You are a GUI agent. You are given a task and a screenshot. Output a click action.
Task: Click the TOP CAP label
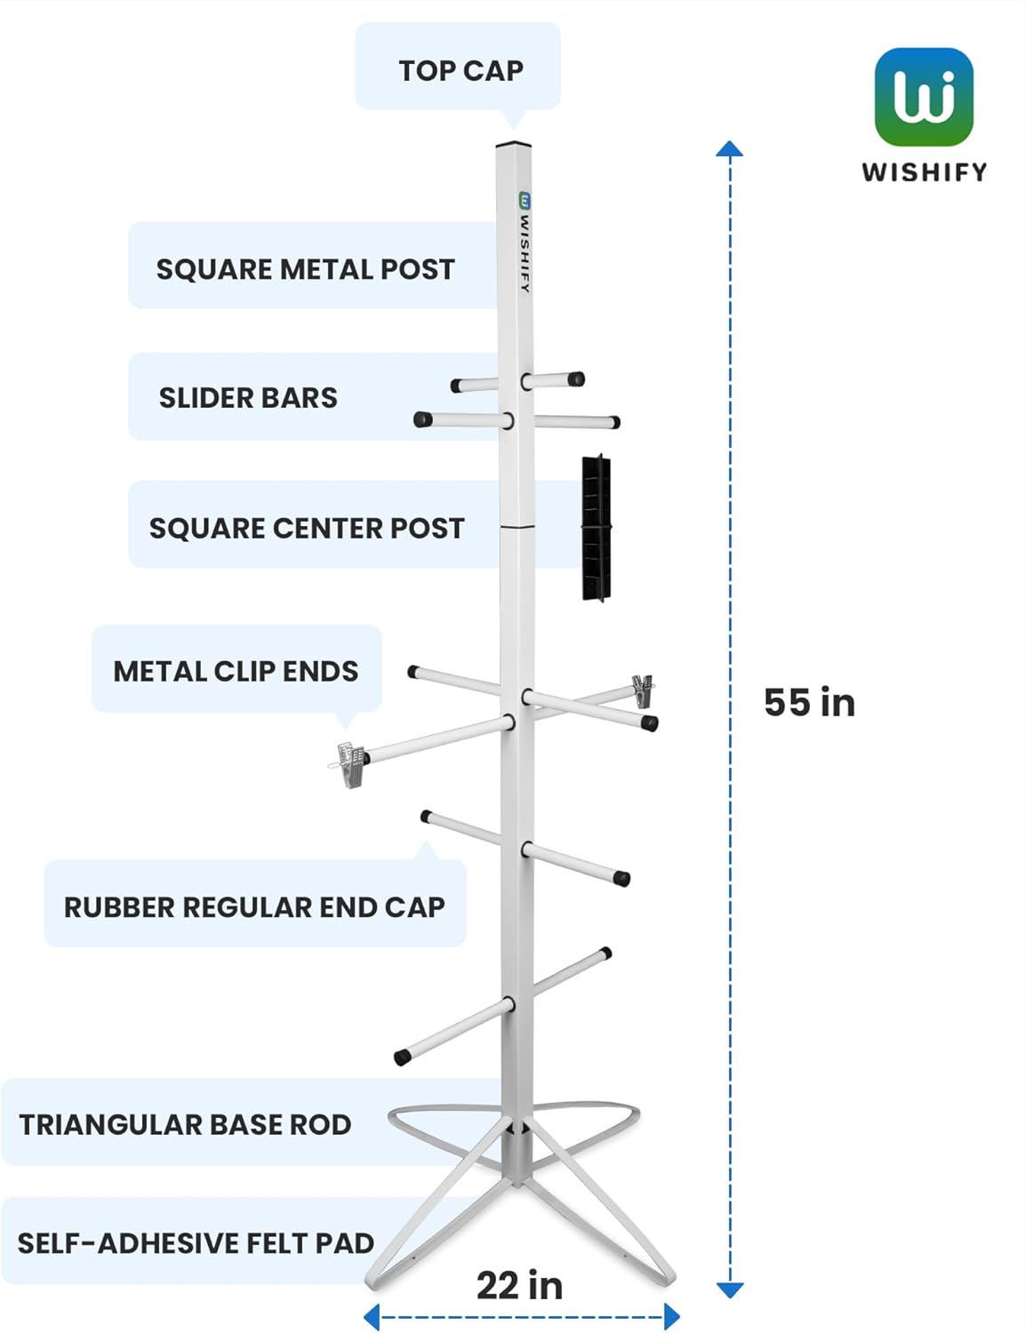[460, 70]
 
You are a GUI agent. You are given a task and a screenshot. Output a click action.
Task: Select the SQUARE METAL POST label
[305, 269]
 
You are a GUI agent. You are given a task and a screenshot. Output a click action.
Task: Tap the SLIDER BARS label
[248, 397]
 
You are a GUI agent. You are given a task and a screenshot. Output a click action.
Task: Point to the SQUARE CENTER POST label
[307, 528]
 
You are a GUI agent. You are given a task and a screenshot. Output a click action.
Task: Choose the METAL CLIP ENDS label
[236, 671]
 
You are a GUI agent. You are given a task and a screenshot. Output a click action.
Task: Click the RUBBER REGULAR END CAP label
[254, 906]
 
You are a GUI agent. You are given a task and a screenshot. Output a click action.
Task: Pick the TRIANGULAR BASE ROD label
[185, 1124]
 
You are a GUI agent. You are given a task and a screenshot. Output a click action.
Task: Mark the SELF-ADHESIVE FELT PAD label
[196, 1242]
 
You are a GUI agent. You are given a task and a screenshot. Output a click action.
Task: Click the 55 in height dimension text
[809, 703]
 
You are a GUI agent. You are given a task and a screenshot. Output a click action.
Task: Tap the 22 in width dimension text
[520, 1285]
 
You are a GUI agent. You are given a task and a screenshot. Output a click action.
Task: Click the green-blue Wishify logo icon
[924, 97]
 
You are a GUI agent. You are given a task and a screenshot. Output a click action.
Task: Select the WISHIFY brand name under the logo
[924, 172]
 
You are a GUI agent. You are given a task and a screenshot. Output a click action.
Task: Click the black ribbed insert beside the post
[596, 528]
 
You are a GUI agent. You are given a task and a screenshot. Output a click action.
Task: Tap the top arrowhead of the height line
[729, 149]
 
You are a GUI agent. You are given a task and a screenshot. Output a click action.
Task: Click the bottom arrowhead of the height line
[729, 1289]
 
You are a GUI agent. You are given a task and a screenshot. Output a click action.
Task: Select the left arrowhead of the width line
[372, 1317]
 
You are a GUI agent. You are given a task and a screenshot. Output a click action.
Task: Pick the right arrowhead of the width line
[672, 1317]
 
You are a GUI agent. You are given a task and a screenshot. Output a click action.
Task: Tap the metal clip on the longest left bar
[350, 763]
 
